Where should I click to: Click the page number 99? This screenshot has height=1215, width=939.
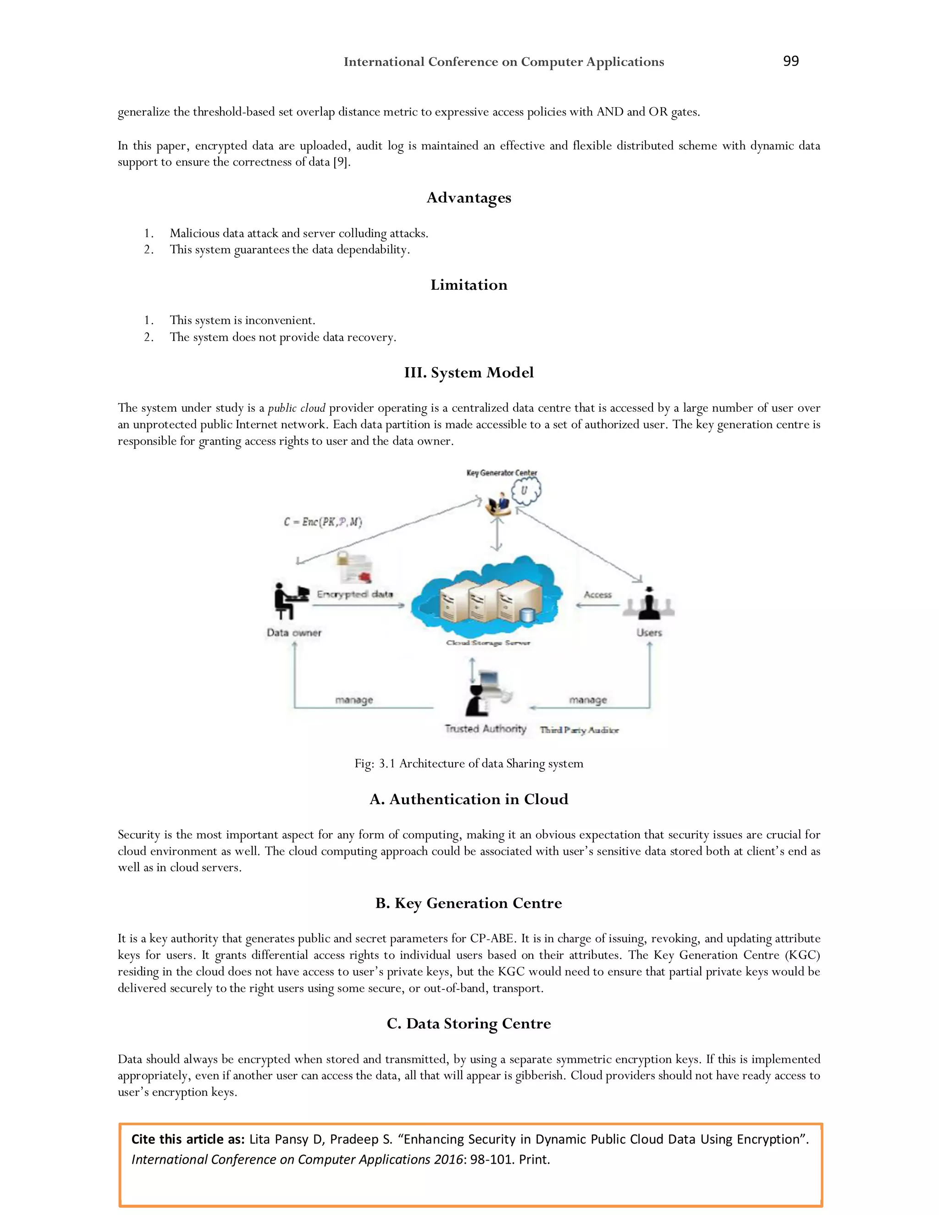[790, 61]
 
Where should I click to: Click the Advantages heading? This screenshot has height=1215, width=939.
[469, 198]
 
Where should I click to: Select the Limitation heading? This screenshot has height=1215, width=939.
[469, 285]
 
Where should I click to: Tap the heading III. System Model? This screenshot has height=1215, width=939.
[469, 372]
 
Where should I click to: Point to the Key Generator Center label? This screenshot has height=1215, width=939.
[501, 473]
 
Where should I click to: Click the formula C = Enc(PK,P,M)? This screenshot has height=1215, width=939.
[323, 522]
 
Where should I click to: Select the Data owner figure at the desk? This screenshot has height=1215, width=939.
[290, 601]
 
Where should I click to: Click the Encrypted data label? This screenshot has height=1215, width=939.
[355, 594]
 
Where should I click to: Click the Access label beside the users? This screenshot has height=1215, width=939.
[597, 595]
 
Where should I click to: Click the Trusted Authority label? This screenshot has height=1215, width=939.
[485, 729]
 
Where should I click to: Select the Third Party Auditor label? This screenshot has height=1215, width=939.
[579, 730]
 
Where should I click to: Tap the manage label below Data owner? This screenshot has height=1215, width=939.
[354, 700]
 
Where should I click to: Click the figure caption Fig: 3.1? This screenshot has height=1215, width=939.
[469, 763]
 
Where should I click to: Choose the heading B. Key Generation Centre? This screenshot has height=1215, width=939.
[469, 903]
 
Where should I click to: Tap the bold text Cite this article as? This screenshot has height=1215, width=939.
[188, 1139]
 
